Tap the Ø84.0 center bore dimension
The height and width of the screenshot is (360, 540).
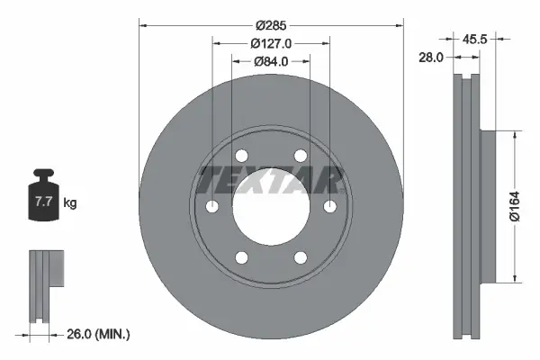[x=270, y=61]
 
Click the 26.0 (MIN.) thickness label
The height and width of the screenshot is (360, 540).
[x=98, y=334]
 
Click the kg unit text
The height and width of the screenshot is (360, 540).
[x=70, y=203]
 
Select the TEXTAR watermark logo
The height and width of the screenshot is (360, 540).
[x=270, y=179]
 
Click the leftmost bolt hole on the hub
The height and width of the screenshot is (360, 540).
[x=212, y=208]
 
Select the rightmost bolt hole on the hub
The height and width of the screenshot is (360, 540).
[x=329, y=208]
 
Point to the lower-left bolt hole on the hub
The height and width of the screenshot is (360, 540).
[x=241, y=259]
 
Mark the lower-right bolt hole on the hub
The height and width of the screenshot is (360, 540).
[x=300, y=259]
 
